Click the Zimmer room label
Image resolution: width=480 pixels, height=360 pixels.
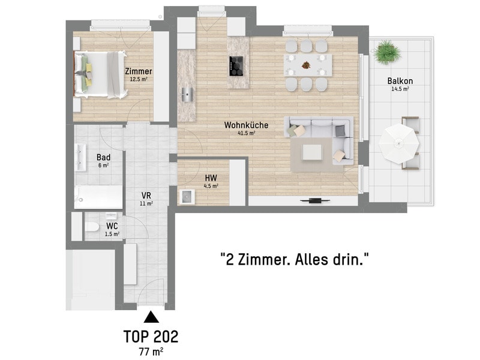[x=139, y=71]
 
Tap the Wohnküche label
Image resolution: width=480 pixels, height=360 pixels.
[x=246, y=125]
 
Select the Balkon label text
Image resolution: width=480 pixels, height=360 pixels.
[x=400, y=81]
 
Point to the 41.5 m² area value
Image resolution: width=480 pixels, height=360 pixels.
[x=247, y=133]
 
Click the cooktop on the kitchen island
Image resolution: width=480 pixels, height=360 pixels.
[x=236, y=66]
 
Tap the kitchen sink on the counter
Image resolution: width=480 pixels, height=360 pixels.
[x=187, y=94]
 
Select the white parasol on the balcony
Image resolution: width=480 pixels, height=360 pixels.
[x=398, y=143]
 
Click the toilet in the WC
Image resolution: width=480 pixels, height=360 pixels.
[x=92, y=227]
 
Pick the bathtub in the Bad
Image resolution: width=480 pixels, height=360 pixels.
[x=98, y=197]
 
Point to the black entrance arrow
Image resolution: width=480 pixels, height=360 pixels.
[x=151, y=317]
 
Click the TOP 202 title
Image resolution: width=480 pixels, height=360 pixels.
[x=151, y=337]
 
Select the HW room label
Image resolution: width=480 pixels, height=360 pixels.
[x=211, y=178]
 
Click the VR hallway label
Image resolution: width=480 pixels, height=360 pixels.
[x=146, y=196]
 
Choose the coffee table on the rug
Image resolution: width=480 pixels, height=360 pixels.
[x=312, y=152]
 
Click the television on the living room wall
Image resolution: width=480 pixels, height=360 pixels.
[x=316, y=201]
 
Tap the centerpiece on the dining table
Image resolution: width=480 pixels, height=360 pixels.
[x=306, y=65]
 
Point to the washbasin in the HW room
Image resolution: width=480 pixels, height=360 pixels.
[x=187, y=197]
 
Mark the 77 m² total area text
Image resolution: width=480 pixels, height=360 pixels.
[x=151, y=352]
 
